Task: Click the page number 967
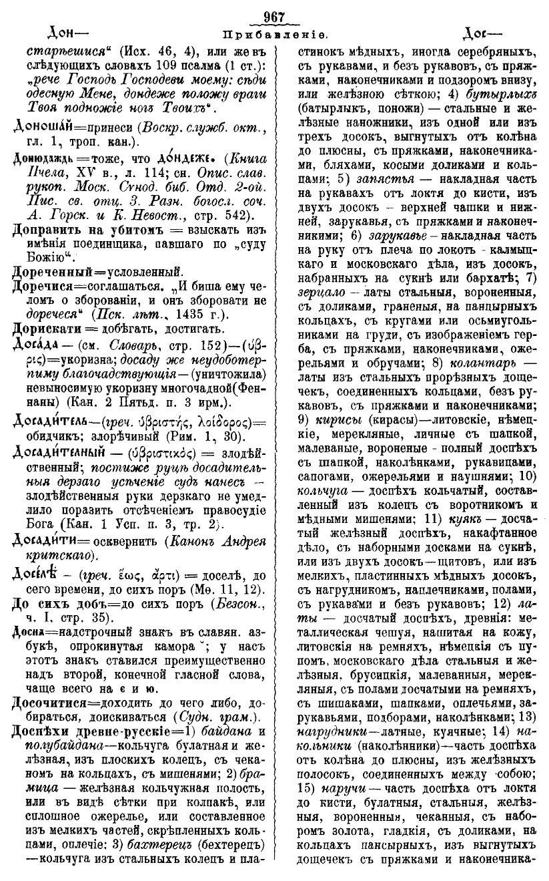pos(274,17)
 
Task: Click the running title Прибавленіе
pos(274,32)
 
